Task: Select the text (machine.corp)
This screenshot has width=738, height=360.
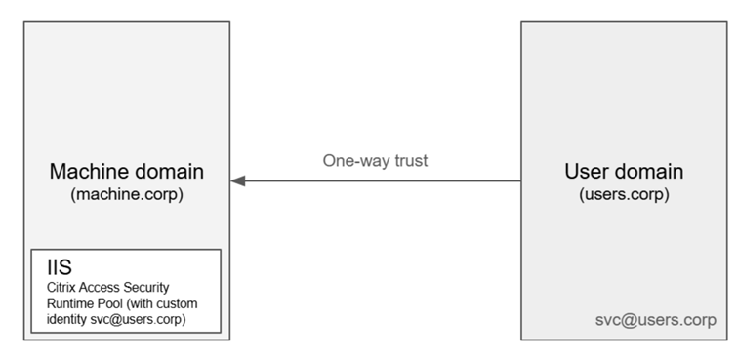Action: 127,194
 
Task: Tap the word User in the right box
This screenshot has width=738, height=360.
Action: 586,172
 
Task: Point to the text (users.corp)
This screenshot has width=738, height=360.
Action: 624,194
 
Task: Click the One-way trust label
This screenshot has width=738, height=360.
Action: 375,161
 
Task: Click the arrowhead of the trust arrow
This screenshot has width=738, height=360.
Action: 238,180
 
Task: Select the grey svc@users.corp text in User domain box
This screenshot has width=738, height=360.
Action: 656,320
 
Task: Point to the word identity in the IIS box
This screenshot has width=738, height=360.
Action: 67,320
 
